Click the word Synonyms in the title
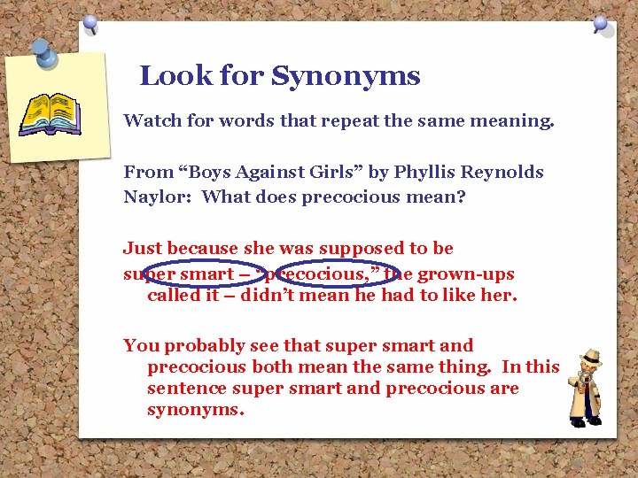point(346,77)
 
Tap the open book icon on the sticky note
point(51,112)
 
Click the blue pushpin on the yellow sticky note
point(44,55)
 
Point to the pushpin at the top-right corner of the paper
point(602,24)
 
